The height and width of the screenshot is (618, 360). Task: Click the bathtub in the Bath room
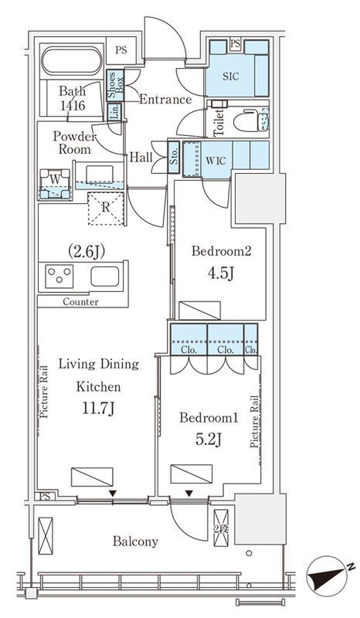click(x=72, y=61)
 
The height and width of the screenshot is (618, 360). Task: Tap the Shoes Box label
click(x=116, y=86)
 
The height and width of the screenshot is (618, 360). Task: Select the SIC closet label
click(x=231, y=76)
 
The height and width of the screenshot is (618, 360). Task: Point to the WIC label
click(x=216, y=161)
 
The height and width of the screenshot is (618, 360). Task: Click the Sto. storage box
click(x=174, y=158)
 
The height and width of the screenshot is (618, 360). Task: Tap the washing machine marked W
click(x=56, y=184)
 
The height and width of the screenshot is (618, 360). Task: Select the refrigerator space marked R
click(x=106, y=208)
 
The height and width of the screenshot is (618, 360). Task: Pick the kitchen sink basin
click(x=104, y=276)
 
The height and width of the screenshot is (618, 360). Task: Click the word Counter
click(x=80, y=302)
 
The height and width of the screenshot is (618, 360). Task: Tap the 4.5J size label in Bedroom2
click(x=220, y=273)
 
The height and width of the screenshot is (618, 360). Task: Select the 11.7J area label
click(x=98, y=409)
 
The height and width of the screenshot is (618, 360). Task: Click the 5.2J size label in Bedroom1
click(x=209, y=439)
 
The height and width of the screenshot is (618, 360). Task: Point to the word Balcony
click(x=136, y=542)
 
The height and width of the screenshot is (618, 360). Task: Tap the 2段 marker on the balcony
click(x=221, y=528)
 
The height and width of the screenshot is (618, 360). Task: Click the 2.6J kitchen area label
click(x=87, y=251)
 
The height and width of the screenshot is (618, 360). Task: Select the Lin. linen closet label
click(x=115, y=112)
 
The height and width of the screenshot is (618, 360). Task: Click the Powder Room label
click(x=74, y=143)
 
